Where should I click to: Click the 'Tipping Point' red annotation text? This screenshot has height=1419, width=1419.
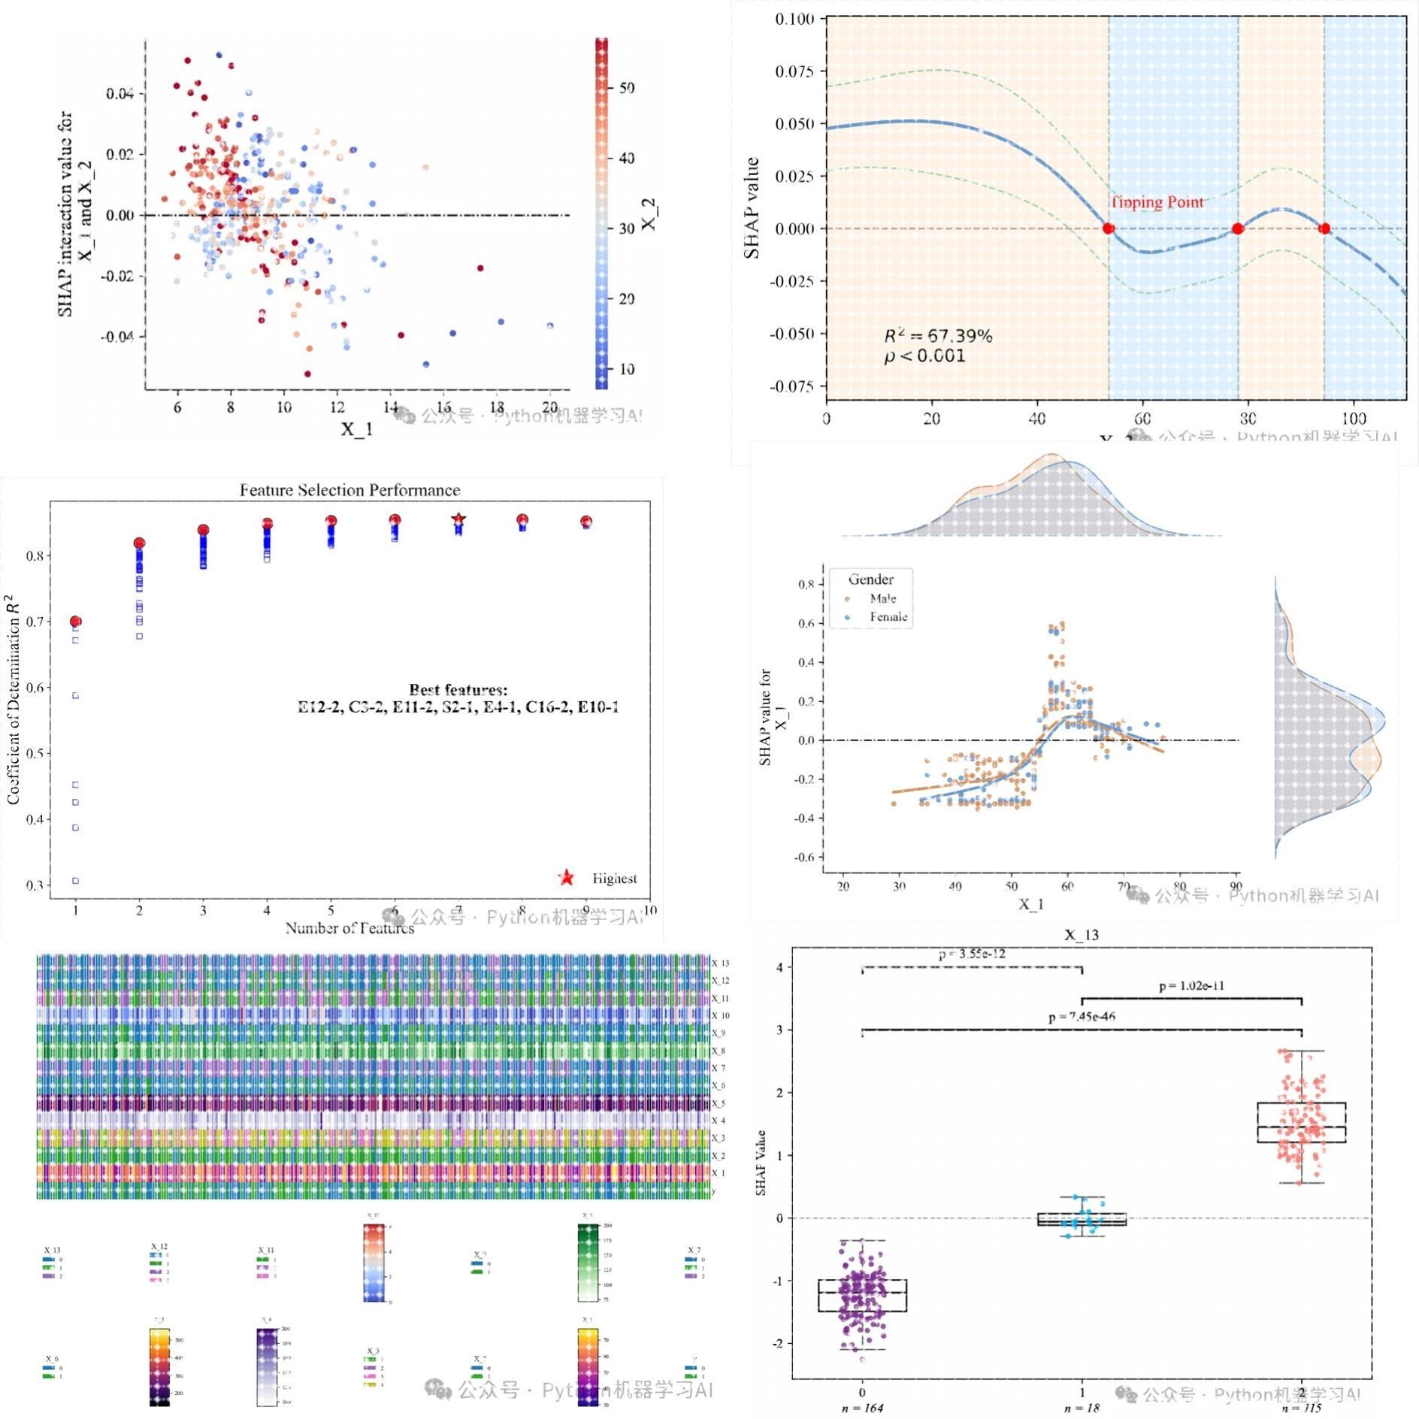(1157, 202)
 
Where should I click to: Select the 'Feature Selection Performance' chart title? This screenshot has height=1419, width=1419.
(349, 490)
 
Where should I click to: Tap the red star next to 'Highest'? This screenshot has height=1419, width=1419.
(567, 878)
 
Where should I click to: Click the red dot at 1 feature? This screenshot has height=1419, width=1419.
(75, 622)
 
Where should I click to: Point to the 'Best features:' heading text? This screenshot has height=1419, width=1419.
(458, 689)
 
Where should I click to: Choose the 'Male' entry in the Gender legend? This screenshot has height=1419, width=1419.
(882, 598)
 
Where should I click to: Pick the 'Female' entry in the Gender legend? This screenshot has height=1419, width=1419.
(888, 617)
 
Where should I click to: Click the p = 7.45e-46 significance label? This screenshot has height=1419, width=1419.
(1082, 1017)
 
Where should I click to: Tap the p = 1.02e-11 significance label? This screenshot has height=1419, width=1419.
(1191, 985)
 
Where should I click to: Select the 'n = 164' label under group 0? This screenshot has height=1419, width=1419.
(862, 1408)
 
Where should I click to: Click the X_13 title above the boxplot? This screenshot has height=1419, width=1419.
(1081, 935)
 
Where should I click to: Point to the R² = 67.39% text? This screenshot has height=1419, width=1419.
(938, 336)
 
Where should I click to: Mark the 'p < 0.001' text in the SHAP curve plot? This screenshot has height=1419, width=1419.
(924, 356)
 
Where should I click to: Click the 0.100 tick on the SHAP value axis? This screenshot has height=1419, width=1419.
(794, 19)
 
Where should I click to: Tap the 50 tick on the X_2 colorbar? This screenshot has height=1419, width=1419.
(627, 88)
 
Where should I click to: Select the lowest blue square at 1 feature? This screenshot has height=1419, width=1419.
(75, 880)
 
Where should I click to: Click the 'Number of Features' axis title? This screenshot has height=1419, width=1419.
(349, 928)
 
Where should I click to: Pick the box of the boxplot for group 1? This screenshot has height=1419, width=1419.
(1082, 1219)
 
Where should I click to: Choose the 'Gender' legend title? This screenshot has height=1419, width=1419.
(870, 579)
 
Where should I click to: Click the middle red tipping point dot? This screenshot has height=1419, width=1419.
(1237, 228)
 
